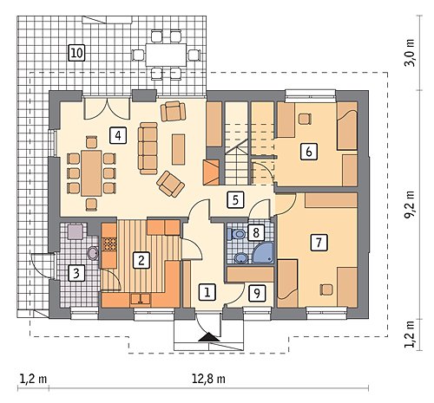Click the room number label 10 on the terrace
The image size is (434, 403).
[x=77, y=53]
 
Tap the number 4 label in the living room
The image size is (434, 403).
[x=118, y=135]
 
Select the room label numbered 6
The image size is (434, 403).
[x=308, y=152]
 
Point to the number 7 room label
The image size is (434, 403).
[x=319, y=243]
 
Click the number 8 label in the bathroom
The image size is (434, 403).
[x=256, y=232]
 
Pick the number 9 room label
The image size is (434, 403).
[x=257, y=293]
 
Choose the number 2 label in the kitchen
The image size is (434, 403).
[x=141, y=260]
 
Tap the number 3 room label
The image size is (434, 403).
[x=76, y=273]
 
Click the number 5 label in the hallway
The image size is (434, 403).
[x=235, y=200]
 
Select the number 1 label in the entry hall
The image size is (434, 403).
[x=207, y=292]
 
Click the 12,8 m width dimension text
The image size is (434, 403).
[x=208, y=379]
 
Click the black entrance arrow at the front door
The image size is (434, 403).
[x=209, y=337]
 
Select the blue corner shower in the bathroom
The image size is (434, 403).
[x=263, y=253]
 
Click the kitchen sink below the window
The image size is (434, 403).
[x=141, y=299]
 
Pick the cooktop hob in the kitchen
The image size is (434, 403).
[x=109, y=244]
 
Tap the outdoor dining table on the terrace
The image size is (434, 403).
[x=166, y=55]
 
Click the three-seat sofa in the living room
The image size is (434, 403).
[x=148, y=148]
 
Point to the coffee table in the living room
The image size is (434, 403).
[x=178, y=149]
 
